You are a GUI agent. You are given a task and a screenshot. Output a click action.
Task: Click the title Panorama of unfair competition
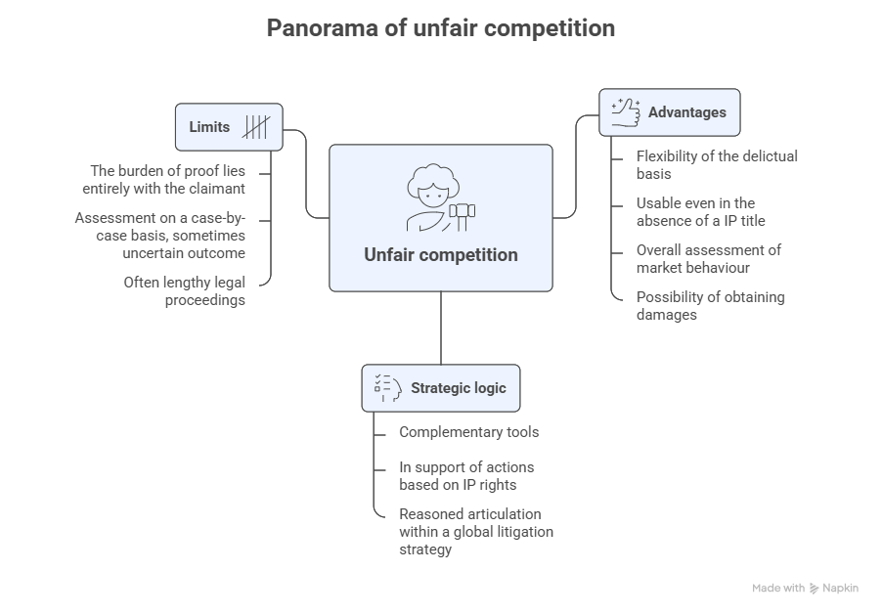tap(440, 28)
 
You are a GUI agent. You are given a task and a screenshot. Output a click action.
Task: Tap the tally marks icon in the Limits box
tap(256, 127)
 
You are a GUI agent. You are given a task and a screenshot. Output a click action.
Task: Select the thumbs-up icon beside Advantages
tap(625, 111)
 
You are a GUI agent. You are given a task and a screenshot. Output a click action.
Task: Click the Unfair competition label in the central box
tap(440, 255)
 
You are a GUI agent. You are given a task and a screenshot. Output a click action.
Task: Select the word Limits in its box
tap(209, 127)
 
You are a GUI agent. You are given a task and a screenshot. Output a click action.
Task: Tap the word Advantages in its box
tap(687, 112)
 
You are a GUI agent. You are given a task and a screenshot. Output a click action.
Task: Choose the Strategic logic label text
tap(458, 388)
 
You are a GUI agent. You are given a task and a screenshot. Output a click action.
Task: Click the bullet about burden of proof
tap(167, 179)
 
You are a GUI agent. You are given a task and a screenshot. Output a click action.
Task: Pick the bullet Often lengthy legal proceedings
tap(184, 291)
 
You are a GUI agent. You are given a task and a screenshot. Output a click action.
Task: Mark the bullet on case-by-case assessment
tap(160, 235)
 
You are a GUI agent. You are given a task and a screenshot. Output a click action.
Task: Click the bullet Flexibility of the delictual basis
tap(717, 164)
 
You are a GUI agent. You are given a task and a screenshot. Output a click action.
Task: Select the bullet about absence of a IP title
tap(700, 211)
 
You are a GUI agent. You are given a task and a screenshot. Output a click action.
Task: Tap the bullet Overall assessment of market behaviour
tap(709, 258)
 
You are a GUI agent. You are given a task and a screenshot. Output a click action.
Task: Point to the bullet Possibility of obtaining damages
tap(710, 305)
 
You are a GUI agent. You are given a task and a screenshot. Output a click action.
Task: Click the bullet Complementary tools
tap(468, 432)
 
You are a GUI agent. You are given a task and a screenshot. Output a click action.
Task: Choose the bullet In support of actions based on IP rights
tap(466, 475)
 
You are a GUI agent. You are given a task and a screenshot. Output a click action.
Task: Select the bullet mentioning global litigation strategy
tap(476, 532)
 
